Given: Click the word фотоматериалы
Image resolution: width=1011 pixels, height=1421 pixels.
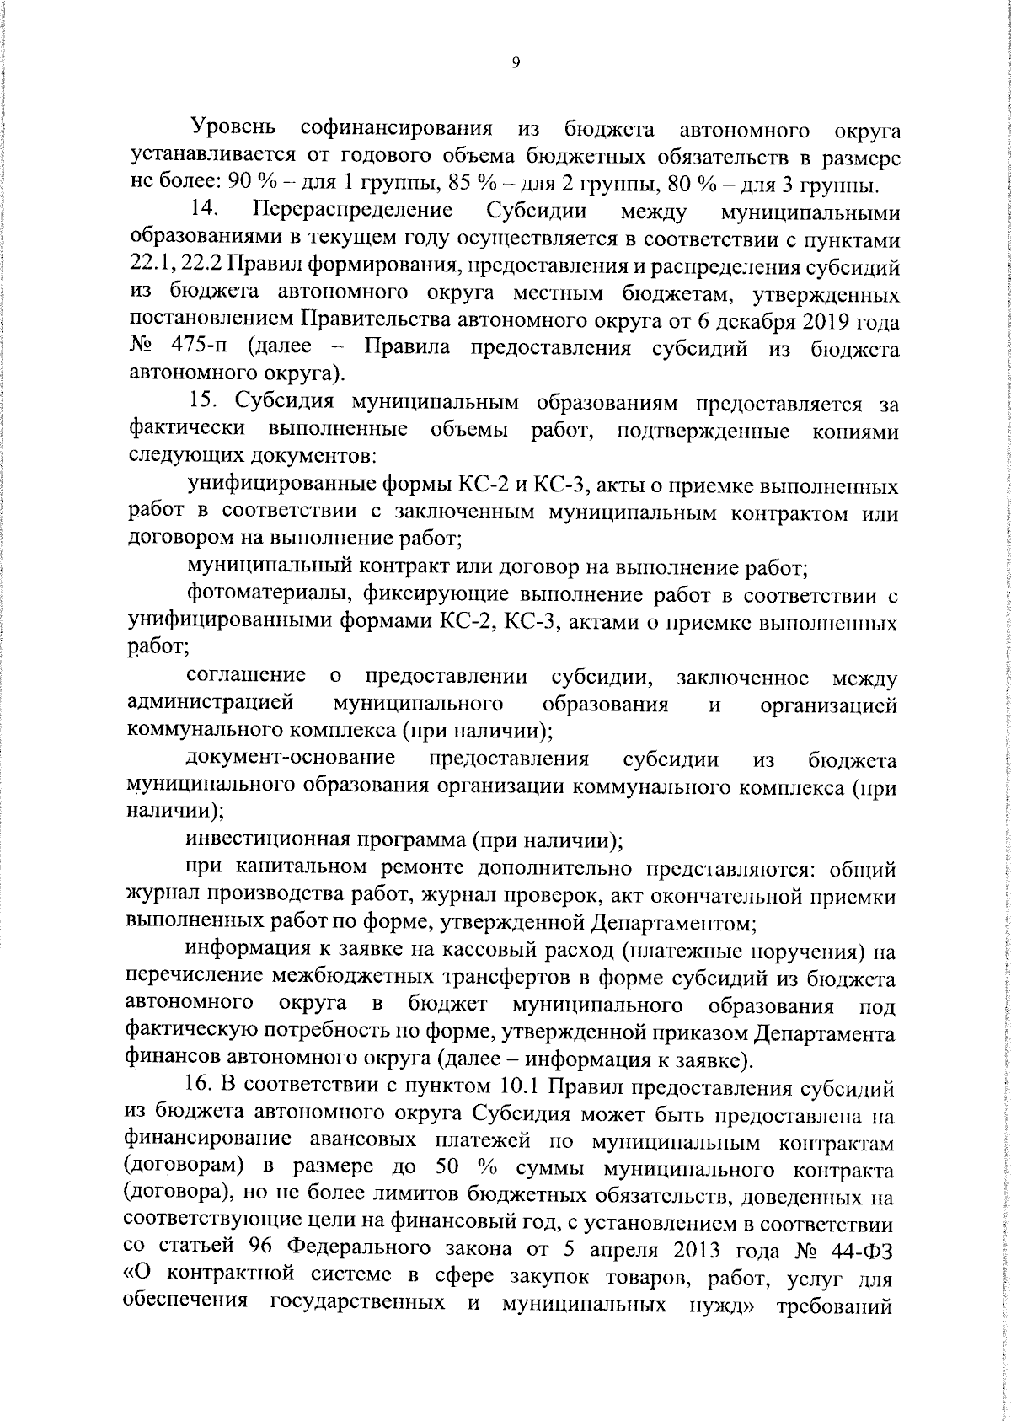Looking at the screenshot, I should click(x=268, y=596).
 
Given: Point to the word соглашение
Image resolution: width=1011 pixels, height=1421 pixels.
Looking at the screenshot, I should click(x=246, y=676).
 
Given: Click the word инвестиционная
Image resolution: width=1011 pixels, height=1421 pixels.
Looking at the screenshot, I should click(x=274, y=840).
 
